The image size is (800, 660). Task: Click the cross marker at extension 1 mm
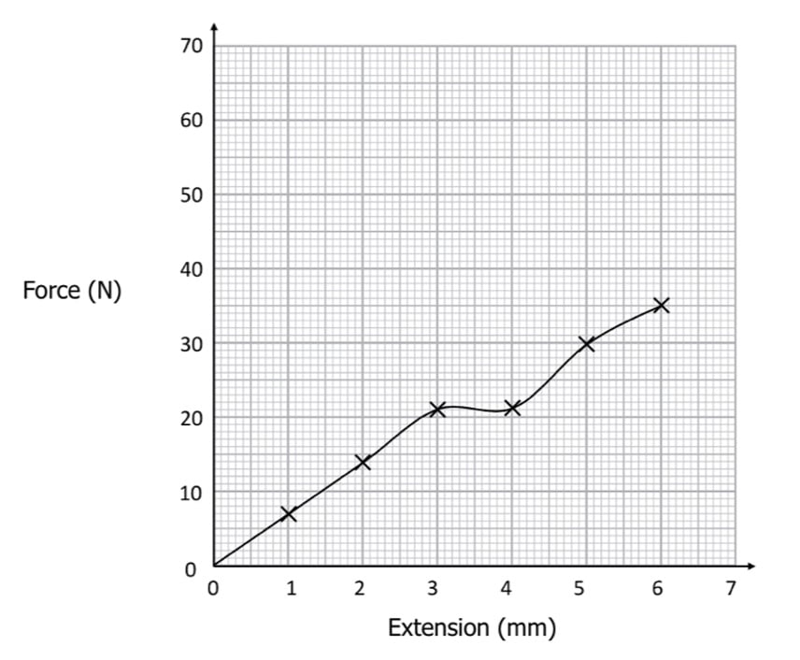tap(288, 513)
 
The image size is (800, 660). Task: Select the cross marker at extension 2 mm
tap(363, 462)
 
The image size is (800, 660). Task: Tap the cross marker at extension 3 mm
tap(437, 409)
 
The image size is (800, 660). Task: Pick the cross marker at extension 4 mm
tap(512, 408)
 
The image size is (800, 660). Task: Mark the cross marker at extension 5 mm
tap(587, 343)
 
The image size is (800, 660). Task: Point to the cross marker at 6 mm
tap(662, 305)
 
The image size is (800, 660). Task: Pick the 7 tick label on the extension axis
tap(732, 589)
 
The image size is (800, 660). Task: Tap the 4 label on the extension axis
tap(506, 589)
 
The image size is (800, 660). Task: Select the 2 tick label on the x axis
tap(359, 589)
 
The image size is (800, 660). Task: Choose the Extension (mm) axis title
tap(472, 627)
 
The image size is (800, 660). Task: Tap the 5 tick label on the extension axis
tap(579, 589)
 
